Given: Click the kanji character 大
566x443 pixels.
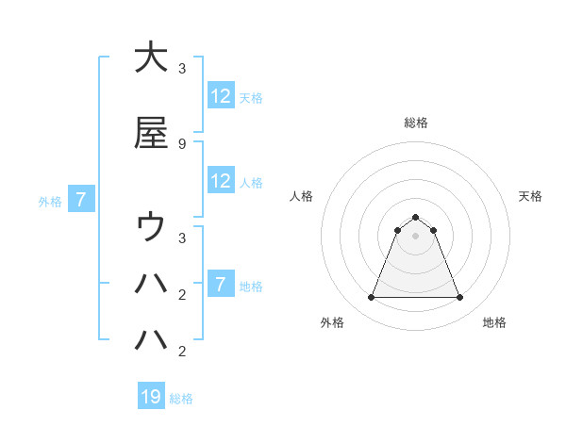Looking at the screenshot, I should (151, 57).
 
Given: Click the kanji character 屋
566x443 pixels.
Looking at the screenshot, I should (151, 133).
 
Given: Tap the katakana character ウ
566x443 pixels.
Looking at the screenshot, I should (151, 228).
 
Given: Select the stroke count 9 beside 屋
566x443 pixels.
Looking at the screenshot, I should (181, 143).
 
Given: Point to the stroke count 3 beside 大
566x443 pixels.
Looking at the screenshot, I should (181, 68).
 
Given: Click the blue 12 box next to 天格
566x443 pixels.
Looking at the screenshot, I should (221, 96).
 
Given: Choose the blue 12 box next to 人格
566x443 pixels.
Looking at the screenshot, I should (221, 181).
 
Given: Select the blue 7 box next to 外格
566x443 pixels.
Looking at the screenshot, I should (81, 200).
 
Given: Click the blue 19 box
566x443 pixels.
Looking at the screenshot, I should (151, 398).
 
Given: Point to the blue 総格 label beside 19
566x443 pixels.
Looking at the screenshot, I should (181, 399).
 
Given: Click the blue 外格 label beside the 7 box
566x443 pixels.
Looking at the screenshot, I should (50, 201).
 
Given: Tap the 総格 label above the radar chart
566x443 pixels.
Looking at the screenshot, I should (415, 123).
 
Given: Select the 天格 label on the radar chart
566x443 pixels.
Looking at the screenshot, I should (531, 196).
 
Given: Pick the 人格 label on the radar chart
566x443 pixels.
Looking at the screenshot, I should (301, 196).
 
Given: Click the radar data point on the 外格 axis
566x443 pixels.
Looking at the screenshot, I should (371, 298).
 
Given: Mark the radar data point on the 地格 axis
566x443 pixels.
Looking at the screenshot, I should (459, 298).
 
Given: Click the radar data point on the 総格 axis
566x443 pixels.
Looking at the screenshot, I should (415, 217).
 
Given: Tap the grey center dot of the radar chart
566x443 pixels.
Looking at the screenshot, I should (415, 236).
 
